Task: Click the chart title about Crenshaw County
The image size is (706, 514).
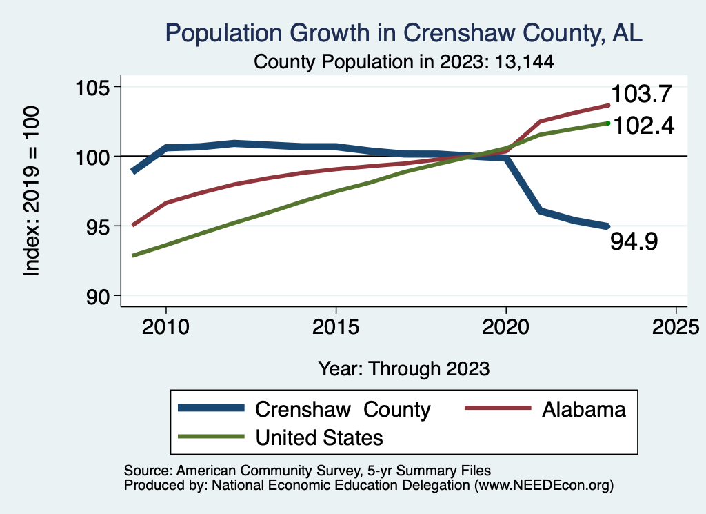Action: click(403, 33)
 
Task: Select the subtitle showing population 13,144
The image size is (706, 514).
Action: click(404, 61)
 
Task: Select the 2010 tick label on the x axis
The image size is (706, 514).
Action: click(165, 326)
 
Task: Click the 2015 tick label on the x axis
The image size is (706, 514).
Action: click(336, 326)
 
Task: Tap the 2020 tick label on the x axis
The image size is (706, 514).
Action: click(505, 326)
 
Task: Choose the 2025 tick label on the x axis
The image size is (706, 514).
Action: click(676, 326)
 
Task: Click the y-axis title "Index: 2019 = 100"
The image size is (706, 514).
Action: click(32, 191)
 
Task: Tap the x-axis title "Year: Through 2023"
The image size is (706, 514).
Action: click(404, 368)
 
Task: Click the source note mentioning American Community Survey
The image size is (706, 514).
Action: click(307, 471)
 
